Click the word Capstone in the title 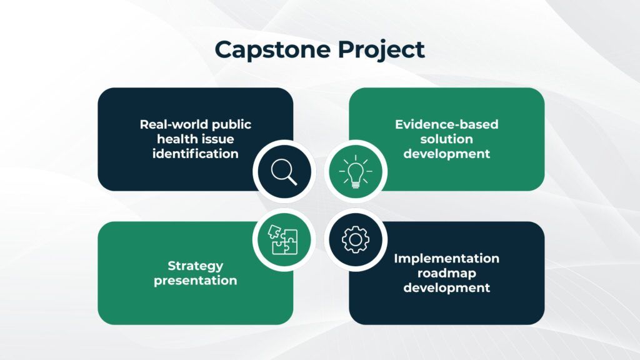272,50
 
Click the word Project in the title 381,50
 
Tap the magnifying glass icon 284,172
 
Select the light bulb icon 356,171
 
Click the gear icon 356,240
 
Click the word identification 196,154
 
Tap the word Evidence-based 446,124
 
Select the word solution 446,139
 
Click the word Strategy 196,266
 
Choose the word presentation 196,281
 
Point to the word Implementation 446,258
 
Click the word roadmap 446,273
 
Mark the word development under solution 446,154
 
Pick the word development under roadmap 446,287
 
